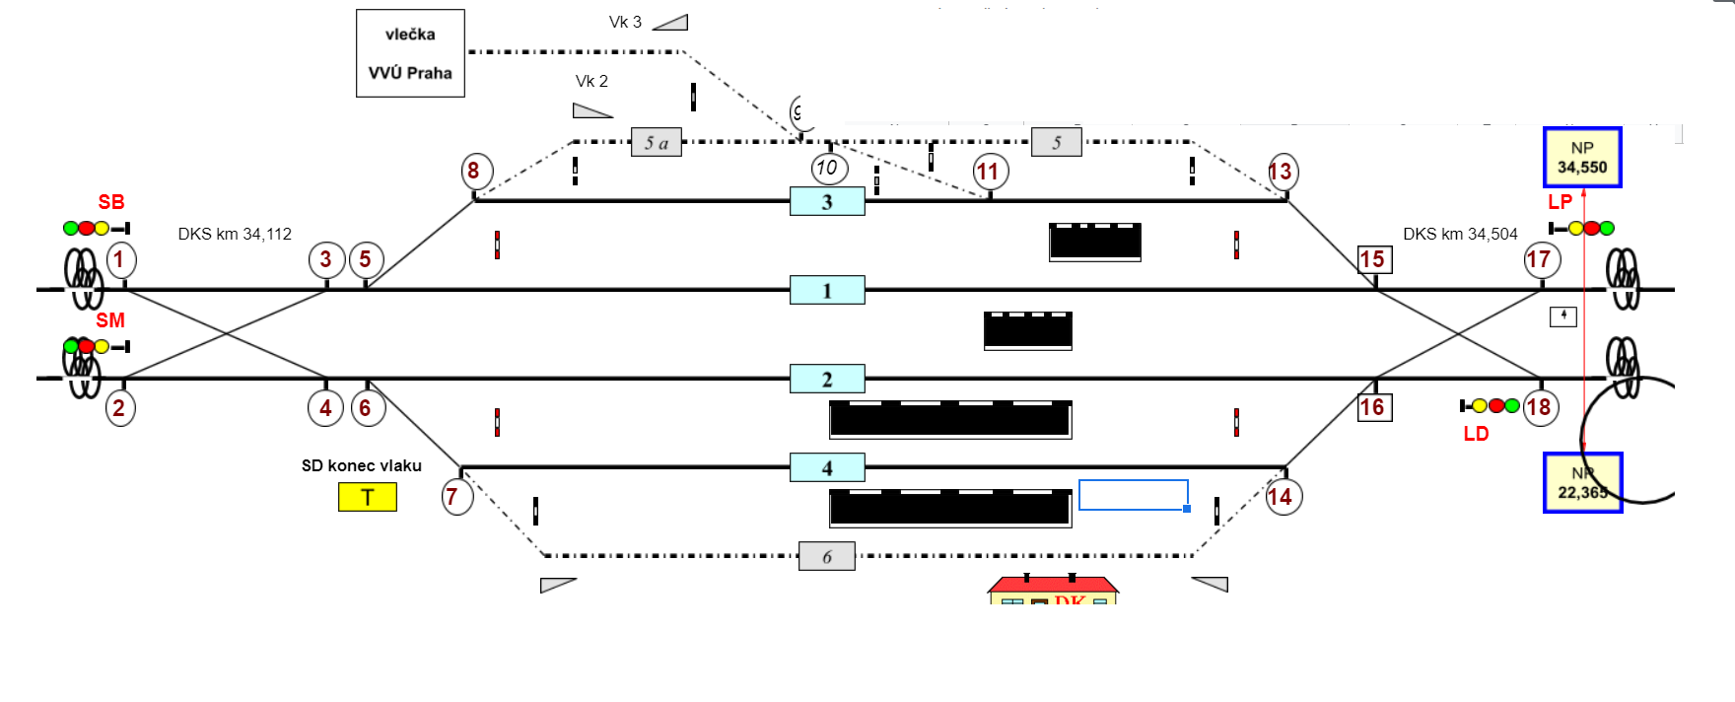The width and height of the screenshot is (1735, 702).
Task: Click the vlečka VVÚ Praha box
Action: pos(410,53)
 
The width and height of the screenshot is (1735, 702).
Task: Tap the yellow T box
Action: pos(368,497)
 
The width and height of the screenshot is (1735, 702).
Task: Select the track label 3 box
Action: pos(827,201)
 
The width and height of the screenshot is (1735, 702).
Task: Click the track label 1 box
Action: pos(827,290)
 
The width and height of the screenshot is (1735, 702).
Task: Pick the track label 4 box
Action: pos(827,467)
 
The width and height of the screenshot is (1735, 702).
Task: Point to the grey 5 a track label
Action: pos(657,142)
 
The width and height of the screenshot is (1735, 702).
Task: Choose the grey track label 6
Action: pos(826,556)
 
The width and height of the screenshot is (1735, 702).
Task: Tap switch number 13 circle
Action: pos(1282,172)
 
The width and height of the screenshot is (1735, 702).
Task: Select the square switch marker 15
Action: pos(1374,259)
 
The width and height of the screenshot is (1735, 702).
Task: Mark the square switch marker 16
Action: pos(1374,407)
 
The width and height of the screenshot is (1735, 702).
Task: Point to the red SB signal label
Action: pos(111,202)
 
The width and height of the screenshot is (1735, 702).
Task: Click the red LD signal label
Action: pos(1476,434)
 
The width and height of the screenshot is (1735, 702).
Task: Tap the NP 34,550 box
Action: pos(1582,158)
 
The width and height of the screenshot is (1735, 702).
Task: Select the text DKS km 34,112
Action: pos(235,235)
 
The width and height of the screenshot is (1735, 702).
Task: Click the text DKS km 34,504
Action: pos(1460,235)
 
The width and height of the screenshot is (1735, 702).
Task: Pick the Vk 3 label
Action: pos(625,22)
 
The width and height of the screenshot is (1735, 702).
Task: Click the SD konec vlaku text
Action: pos(362,465)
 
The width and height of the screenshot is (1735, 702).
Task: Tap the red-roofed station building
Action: pos(1053,590)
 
